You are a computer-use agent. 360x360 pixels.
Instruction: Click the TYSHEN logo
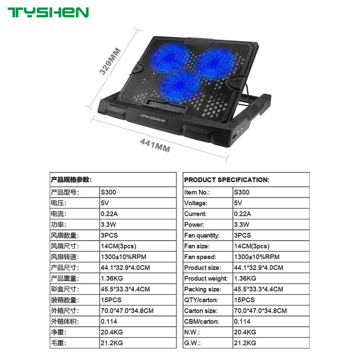48,12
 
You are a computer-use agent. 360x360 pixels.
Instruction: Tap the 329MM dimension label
110,61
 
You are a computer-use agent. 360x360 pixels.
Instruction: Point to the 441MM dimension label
155,147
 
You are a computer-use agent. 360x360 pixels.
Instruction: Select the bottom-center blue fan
179,87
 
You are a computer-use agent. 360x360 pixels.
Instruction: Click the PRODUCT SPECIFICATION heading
226,180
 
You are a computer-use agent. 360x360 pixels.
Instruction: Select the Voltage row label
196,203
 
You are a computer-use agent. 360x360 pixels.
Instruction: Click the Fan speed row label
200,257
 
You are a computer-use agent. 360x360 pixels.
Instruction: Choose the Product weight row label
206,278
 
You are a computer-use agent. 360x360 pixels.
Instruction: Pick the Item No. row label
197,192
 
